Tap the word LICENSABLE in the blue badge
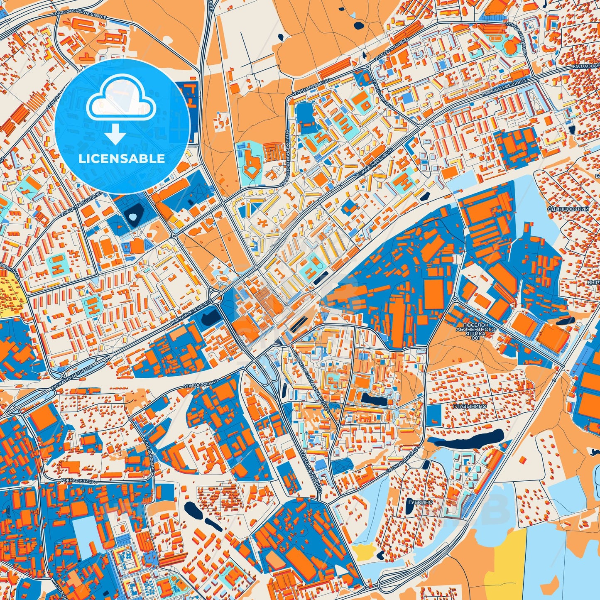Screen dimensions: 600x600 tap(122, 159)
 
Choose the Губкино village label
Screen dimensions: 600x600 tap(420, 502)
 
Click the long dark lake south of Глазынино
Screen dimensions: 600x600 tap(467, 439)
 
